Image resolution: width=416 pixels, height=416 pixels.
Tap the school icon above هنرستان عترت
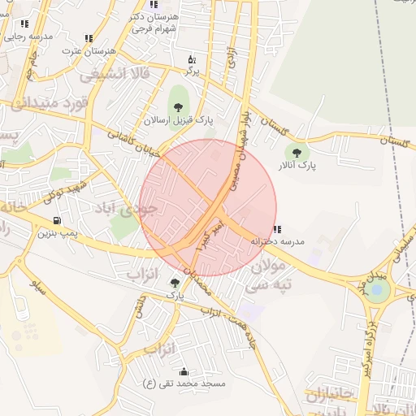89,38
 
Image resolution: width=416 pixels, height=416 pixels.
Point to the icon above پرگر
192,59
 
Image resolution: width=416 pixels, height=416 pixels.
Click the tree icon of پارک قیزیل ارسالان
177,106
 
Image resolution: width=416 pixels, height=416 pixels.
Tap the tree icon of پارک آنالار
295,151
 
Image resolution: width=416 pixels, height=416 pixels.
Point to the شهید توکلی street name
65,188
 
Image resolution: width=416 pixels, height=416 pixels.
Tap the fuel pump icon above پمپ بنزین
56,219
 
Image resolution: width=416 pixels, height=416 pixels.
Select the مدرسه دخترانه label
277,241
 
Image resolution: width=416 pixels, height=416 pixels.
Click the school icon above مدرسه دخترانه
277,229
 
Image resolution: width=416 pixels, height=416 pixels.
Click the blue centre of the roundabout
376,290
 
